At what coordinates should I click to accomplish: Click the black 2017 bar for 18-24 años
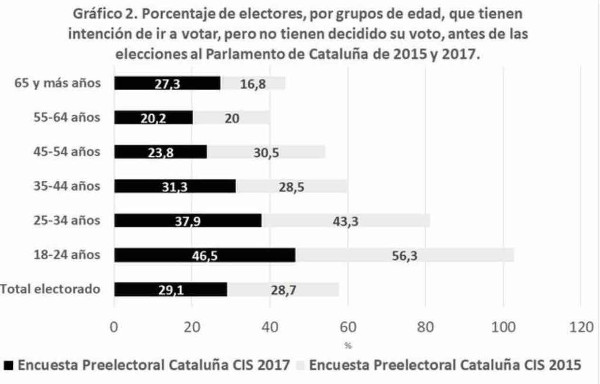205,255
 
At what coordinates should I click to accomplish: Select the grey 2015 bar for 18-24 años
404,255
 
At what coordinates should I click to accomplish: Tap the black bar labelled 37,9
188,221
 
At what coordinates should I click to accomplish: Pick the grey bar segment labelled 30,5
266,152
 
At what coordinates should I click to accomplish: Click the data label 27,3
167,84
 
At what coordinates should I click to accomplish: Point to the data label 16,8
253,84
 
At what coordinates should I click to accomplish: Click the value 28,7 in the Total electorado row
282,290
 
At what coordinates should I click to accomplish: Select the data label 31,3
175,187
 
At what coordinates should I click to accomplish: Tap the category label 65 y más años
57,83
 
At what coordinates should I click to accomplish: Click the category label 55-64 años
66,118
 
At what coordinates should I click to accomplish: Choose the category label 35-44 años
66,187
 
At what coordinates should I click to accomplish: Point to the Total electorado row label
51,289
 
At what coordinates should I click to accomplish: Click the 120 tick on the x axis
580,327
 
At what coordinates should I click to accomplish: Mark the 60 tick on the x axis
347,327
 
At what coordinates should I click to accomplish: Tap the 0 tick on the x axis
114,327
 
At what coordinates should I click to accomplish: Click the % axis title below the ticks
348,345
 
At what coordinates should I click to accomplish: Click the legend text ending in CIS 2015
445,365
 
